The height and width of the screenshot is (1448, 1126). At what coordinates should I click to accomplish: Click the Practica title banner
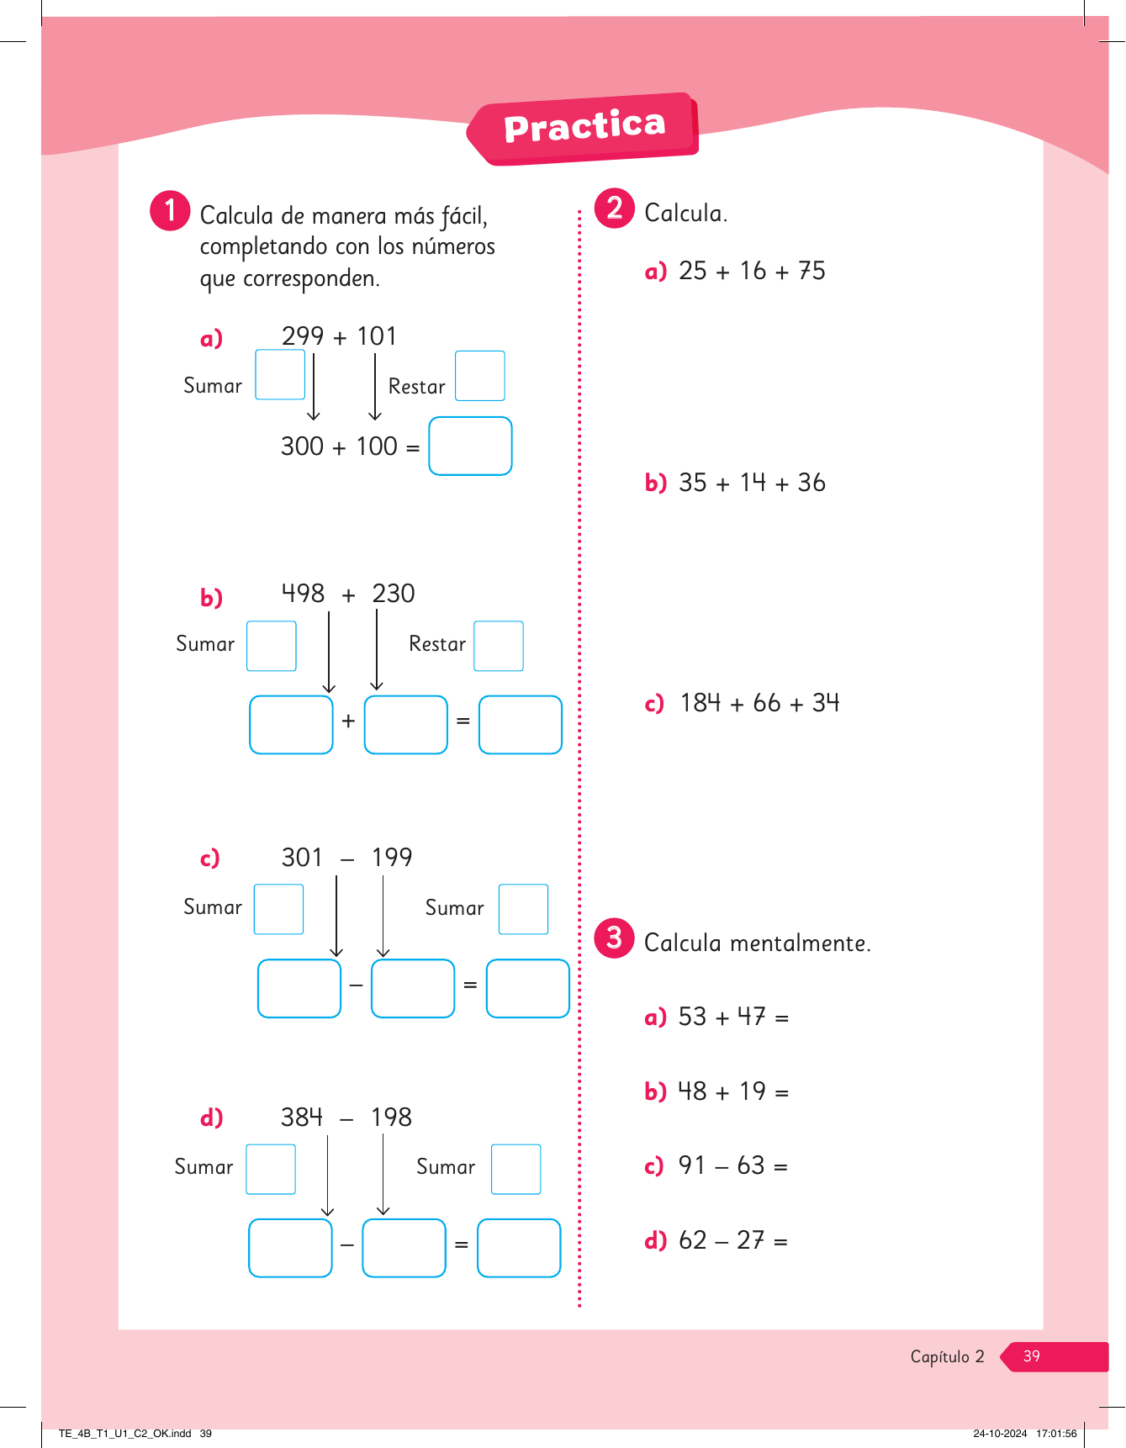coord(584,128)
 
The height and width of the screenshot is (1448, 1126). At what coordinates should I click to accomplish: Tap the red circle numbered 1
coord(170,210)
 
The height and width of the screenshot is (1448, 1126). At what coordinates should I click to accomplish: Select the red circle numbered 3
coord(615,938)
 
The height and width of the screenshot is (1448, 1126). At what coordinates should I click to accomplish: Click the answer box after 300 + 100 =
coord(470,447)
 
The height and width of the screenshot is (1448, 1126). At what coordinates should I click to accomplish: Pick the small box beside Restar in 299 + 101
coord(479,376)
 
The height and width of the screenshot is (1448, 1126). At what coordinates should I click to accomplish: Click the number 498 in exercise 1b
coord(303,594)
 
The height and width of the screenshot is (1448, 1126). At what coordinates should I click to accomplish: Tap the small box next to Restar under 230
coord(499,646)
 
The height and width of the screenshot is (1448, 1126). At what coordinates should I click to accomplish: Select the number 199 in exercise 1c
coord(392,858)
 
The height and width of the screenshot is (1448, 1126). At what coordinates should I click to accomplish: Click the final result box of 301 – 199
coord(528,989)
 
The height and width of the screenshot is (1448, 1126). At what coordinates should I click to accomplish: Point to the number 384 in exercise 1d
coord(302,1118)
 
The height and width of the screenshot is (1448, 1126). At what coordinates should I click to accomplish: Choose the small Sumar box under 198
coord(515,1169)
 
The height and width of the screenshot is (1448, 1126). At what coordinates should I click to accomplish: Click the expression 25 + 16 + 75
coord(752,271)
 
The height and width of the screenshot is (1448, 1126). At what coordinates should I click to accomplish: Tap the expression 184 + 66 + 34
coord(759,703)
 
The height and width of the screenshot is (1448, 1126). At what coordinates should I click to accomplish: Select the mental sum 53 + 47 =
coord(733,1017)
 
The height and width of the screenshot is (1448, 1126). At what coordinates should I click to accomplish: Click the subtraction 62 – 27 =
coord(732,1241)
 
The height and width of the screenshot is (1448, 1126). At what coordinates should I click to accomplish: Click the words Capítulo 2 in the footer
coord(947,1356)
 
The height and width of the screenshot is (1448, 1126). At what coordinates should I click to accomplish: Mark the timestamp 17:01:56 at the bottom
coord(1056,1434)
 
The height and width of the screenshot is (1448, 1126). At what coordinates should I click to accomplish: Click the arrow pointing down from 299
coord(314,387)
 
